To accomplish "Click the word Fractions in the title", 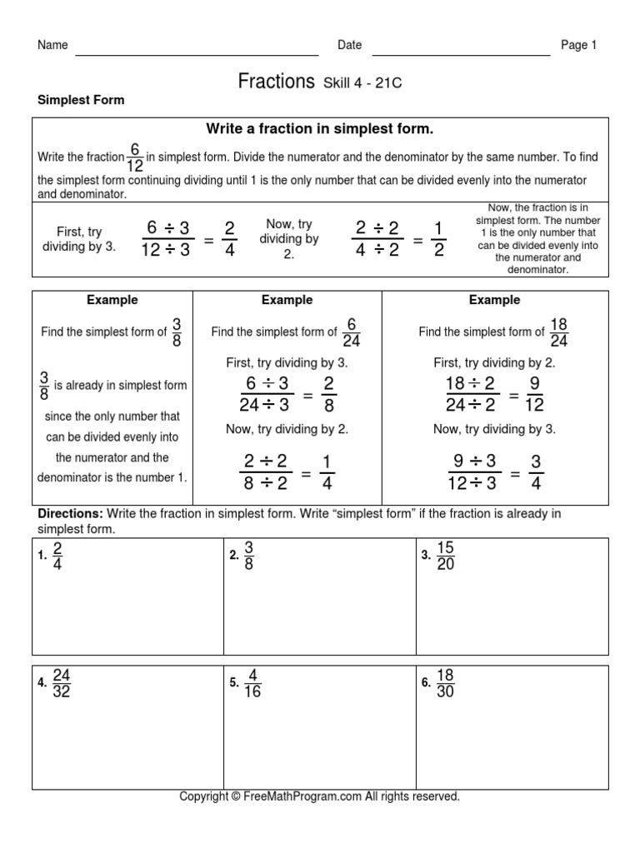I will (x=276, y=81).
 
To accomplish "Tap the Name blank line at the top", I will (x=197, y=53).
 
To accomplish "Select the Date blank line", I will (x=461, y=53).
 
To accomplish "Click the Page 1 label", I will (x=578, y=46).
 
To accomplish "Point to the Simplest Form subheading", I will (x=81, y=100).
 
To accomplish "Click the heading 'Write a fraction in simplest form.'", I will (x=320, y=129).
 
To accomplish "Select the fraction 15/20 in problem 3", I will (x=445, y=556).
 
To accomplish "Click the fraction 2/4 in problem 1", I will (x=57, y=556).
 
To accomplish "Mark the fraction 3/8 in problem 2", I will (x=248, y=556).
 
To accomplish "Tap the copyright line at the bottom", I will (x=320, y=796).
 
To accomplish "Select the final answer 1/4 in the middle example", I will (x=327, y=473).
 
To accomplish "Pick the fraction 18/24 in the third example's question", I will (x=558, y=332).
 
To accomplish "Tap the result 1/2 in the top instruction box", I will (x=438, y=240).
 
